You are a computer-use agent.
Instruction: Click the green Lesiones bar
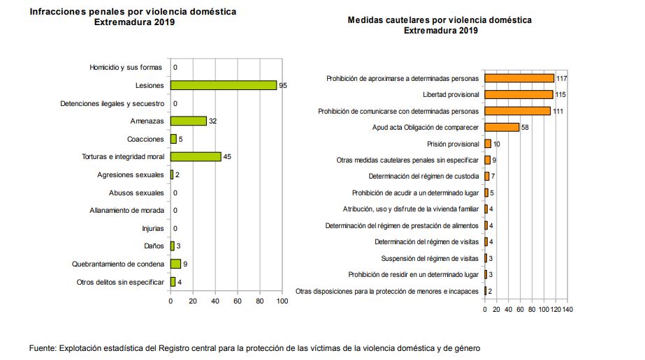(224, 85)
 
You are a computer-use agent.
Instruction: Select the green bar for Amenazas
(189, 121)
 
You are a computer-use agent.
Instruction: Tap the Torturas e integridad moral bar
(196, 156)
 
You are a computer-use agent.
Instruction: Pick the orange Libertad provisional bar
(519, 95)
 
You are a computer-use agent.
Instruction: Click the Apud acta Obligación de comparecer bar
(502, 127)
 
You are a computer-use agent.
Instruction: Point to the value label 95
(283, 85)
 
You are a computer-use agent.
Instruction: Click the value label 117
(562, 78)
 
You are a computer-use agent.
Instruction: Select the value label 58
(525, 127)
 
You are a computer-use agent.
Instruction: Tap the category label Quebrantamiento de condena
(118, 264)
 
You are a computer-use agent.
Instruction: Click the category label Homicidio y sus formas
(126, 67)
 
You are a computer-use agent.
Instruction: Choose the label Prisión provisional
(453, 144)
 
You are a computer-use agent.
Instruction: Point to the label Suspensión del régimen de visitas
(430, 259)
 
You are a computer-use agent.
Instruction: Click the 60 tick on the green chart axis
(238, 301)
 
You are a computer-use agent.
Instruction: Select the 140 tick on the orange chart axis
(567, 310)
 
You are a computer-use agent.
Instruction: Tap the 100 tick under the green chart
(282, 301)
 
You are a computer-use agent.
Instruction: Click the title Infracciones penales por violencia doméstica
(133, 11)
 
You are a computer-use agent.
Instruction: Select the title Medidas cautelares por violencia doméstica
(440, 20)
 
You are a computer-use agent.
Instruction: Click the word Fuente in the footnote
(43, 348)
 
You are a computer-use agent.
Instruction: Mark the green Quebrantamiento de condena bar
(175, 264)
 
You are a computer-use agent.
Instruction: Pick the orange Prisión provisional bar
(488, 144)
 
